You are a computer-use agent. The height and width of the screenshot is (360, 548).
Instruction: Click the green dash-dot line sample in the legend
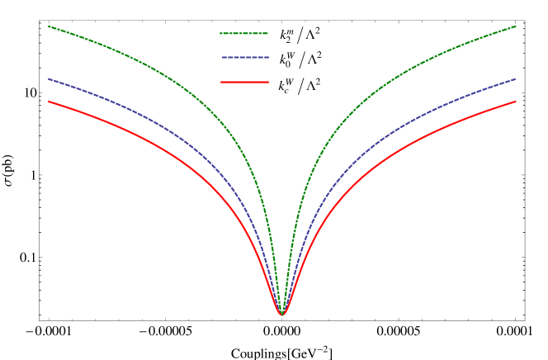[243, 34]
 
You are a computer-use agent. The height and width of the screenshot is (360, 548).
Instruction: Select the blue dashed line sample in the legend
[245, 57]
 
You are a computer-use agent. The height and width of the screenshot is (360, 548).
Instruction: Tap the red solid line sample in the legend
[244, 82]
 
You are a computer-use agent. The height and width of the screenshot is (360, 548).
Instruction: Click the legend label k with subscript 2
[286, 36]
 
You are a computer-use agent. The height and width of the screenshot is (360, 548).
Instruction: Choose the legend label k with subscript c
[286, 86]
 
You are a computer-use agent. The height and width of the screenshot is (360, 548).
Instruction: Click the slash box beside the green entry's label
[300, 36]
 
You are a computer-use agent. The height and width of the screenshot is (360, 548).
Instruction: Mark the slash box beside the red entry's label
[300, 86]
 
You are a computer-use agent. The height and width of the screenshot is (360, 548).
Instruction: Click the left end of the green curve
[48, 26]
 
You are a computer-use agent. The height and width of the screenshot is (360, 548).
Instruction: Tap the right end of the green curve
[516, 26]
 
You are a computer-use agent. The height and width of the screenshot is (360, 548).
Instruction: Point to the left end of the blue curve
[48, 79]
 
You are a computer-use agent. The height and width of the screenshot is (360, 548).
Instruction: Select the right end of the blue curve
[516, 79]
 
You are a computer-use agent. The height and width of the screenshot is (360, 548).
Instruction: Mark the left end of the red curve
[48, 102]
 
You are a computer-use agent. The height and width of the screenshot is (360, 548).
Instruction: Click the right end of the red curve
[516, 102]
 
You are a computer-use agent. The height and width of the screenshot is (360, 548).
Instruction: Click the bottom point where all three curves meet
[281, 315]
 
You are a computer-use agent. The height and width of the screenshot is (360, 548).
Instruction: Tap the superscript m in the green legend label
[290, 31]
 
